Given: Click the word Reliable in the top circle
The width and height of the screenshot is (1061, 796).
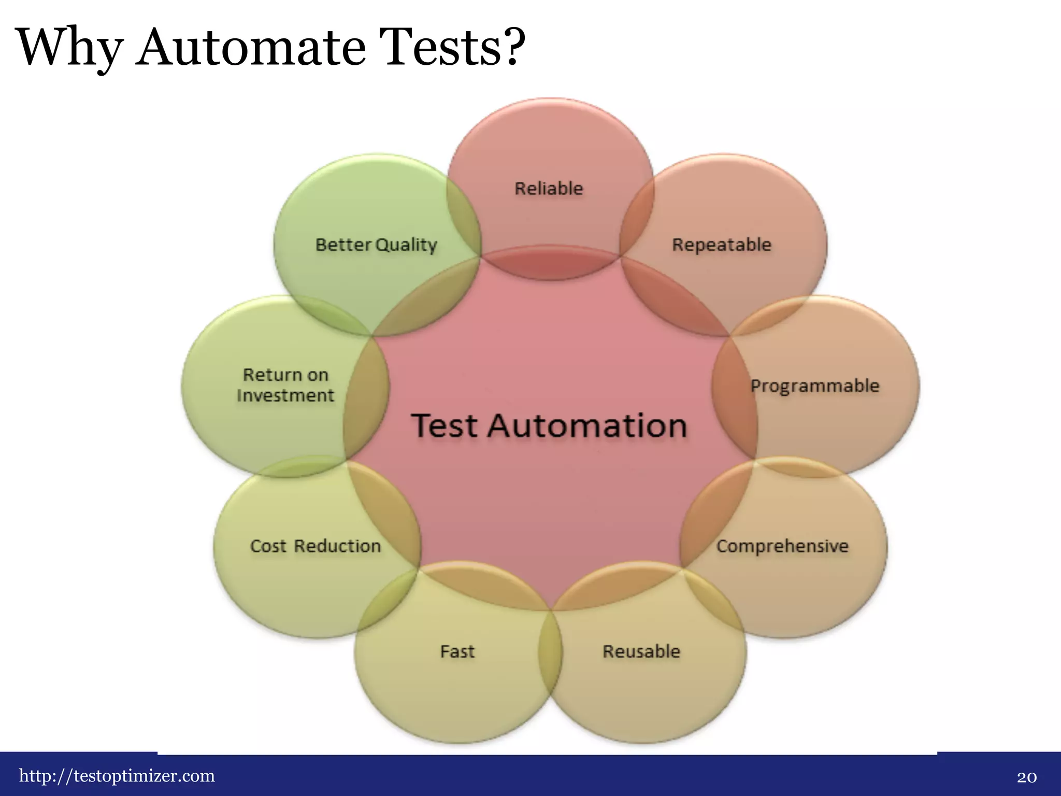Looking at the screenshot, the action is tap(549, 189).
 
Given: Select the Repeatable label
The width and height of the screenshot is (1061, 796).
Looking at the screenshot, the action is tap(722, 245).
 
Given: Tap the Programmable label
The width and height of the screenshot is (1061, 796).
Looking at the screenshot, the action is tap(815, 386).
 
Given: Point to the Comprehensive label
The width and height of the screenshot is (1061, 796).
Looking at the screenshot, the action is tap(782, 546).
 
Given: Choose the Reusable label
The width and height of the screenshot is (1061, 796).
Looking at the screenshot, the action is tap(641, 651).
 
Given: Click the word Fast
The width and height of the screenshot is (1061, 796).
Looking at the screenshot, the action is tap(457, 651).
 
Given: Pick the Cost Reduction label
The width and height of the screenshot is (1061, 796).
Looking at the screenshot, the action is tap(316, 546).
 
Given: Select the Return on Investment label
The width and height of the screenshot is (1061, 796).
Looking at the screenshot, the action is tap(285, 385).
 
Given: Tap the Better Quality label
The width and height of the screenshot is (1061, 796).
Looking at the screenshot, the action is tap(377, 245).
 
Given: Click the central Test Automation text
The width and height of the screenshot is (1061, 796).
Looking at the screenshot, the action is tap(549, 426).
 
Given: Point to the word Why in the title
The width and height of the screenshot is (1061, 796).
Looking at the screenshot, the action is tap(69, 48).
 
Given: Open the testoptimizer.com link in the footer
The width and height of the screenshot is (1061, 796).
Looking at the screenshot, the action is tap(117, 776).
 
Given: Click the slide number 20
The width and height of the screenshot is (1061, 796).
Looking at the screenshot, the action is tap(1026, 777).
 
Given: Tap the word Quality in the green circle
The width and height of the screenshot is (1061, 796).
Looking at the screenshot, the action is tap(407, 245).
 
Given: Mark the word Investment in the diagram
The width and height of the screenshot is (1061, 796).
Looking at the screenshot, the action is tap(285, 396).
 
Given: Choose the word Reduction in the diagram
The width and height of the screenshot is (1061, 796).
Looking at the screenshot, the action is tap(338, 546).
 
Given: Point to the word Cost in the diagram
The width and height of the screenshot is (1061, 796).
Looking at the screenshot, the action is tap(268, 546).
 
